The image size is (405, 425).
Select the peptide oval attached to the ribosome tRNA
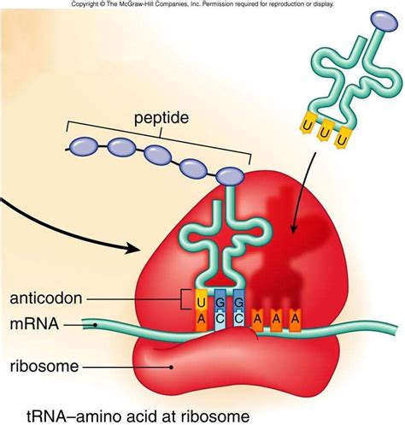click(227, 177)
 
